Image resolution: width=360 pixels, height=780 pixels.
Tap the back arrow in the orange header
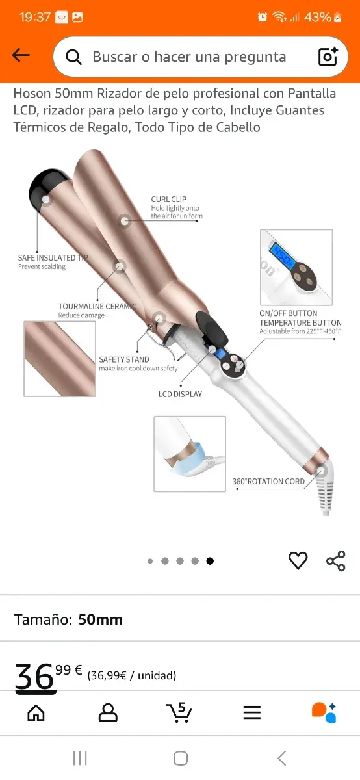pyautogui.click(x=21, y=55)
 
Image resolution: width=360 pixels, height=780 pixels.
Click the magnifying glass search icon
pyautogui.click(x=73, y=57)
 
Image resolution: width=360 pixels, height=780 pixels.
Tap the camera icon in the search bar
pyautogui.click(x=328, y=56)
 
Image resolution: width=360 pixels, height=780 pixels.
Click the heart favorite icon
pyautogui.click(x=298, y=560)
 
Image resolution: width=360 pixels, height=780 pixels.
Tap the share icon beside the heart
pyautogui.click(x=335, y=561)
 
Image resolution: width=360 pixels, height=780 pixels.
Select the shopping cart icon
pyautogui.click(x=179, y=712)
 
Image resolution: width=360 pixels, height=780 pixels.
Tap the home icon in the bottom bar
pyautogui.click(x=36, y=712)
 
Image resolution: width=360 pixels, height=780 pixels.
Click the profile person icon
pyautogui.click(x=108, y=712)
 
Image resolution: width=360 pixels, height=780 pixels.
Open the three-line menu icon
pyautogui.click(x=252, y=712)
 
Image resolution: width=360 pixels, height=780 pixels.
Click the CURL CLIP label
pyautogui.click(x=169, y=199)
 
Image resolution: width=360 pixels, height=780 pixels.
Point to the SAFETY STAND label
pyautogui.click(x=124, y=359)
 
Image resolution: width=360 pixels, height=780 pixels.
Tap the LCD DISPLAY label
pyautogui.click(x=181, y=394)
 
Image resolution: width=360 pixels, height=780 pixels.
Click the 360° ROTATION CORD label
pyautogui.click(x=268, y=481)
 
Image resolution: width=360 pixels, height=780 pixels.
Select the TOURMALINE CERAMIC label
pyautogui.click(x=97, y=306)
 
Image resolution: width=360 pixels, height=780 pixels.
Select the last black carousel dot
pyautogui.click(x=210, y=561)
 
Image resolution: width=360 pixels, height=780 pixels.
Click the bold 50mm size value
pyautogui.click(x=100, y=620)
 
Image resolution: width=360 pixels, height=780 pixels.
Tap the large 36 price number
pyautogui.click(x=34, y=676)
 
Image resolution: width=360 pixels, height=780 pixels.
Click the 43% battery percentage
pyautogui.click(x=318, y=17)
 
